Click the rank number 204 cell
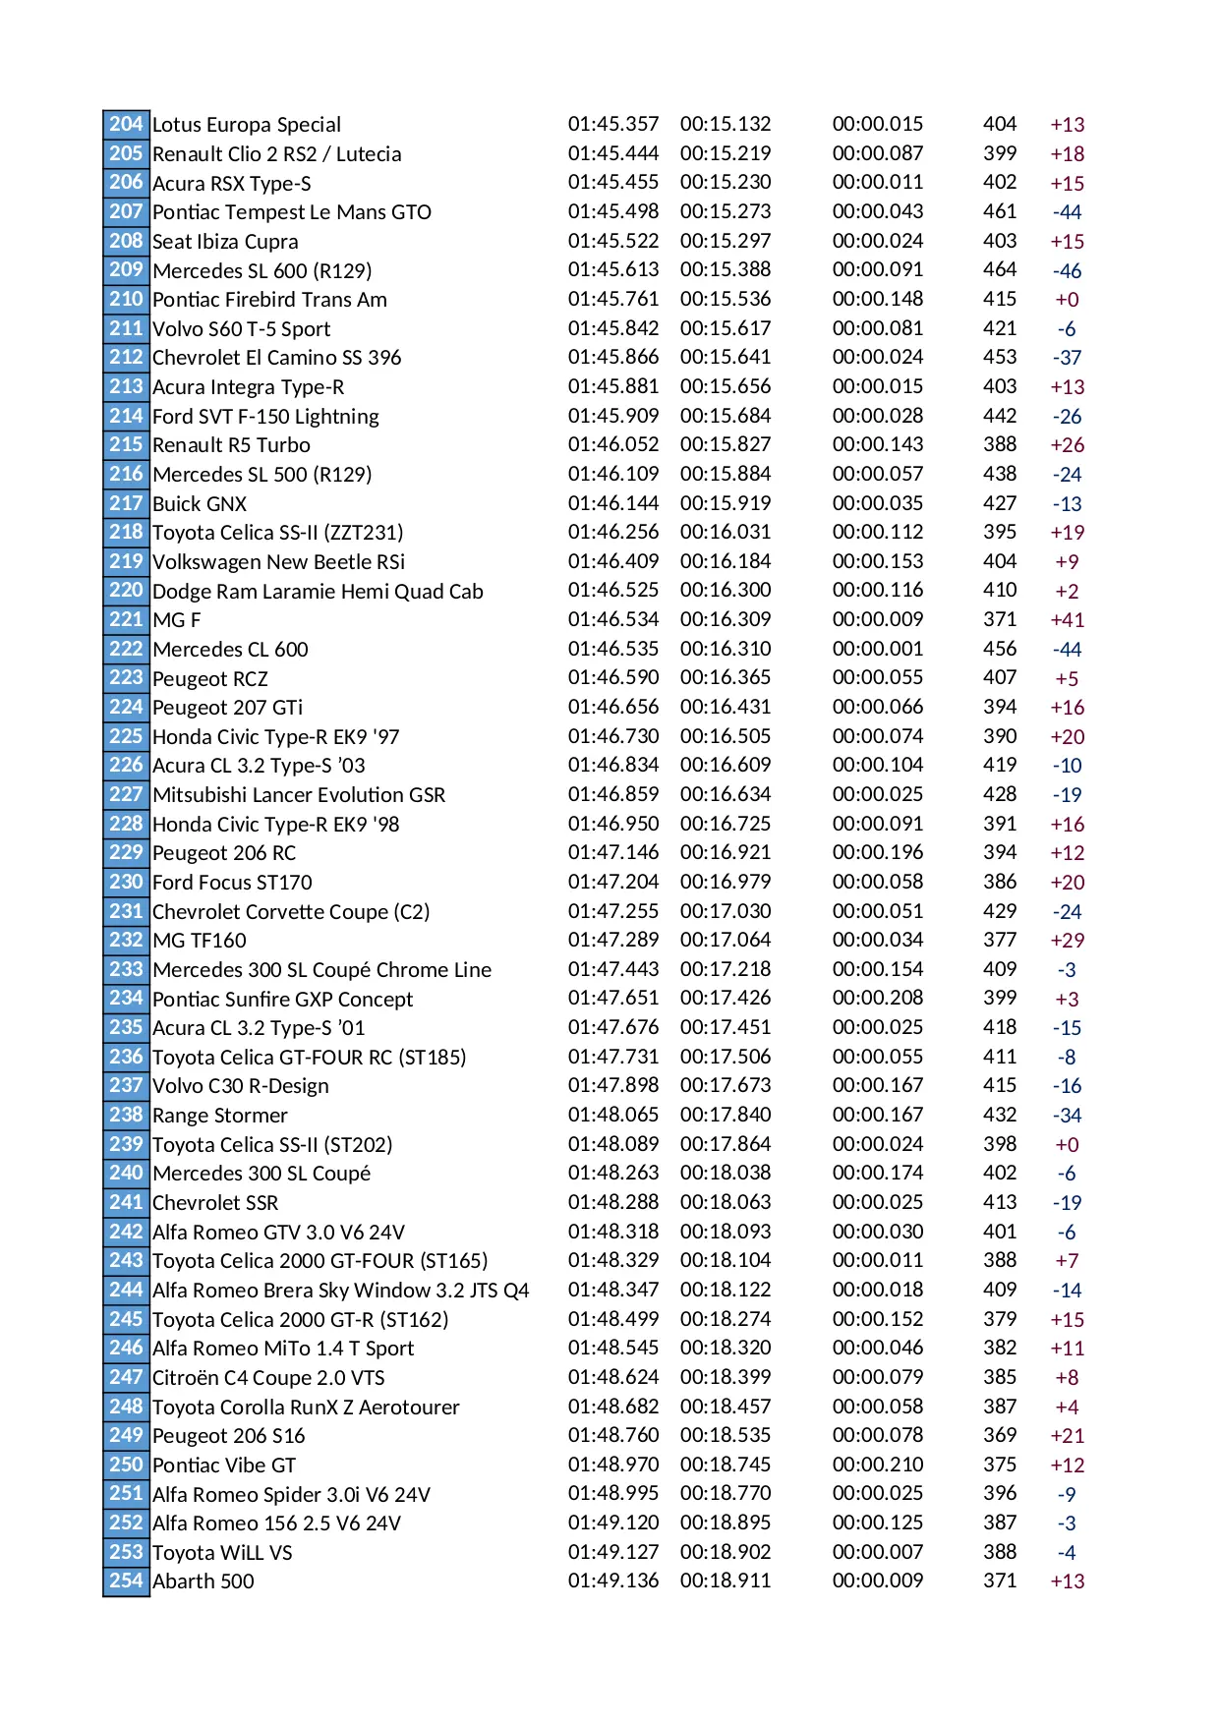(126, 124)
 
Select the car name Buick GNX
(200, 503)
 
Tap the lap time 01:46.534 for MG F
(612, 619)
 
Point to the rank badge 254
(126, 1580)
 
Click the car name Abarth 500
(203, 1580)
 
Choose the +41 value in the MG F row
(1067, 619)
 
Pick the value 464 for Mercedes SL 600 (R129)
(999, 269)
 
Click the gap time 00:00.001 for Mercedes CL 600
(877, 649)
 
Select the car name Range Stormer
(220, 1115)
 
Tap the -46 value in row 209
(1067, 270)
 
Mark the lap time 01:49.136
(612, 1580)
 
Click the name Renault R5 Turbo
(231, 444)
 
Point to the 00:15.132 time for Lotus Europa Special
(726, 124)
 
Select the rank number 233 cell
(126, 969)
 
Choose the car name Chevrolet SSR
(215, 1202)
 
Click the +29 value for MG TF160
(1067, 940)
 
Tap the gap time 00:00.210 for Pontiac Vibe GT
(877, 1465)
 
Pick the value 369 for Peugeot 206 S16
(999, 1435)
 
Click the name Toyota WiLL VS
(222, 1552)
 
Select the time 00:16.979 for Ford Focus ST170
(726, 882)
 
